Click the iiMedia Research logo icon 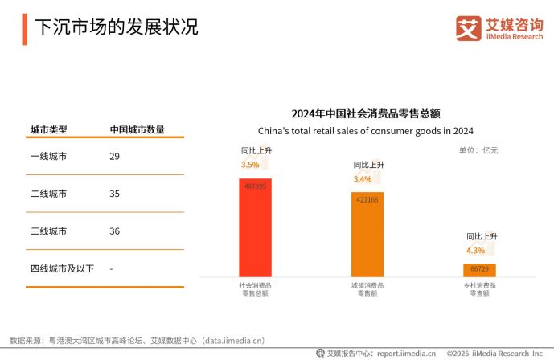click(468, 28)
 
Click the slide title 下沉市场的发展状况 click(117, 27)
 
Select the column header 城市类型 click(48, 129)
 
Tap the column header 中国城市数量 click(137, 129)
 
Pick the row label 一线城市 click(48, 156)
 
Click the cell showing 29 click(114, 156)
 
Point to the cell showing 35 click(114, 194)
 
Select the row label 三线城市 click(48, 231)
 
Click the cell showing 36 click(114, 231)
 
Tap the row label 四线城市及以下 click(62, 268)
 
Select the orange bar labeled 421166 click(367, 234)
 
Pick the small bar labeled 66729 click(479, 270)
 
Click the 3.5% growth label click(250, 165)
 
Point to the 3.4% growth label click(363, 178)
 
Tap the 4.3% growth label click(475, 250)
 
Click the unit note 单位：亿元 click(478, 150)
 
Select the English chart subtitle click(366, 131)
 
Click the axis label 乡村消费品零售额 click(479, 289)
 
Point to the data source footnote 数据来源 click(137, 341)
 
